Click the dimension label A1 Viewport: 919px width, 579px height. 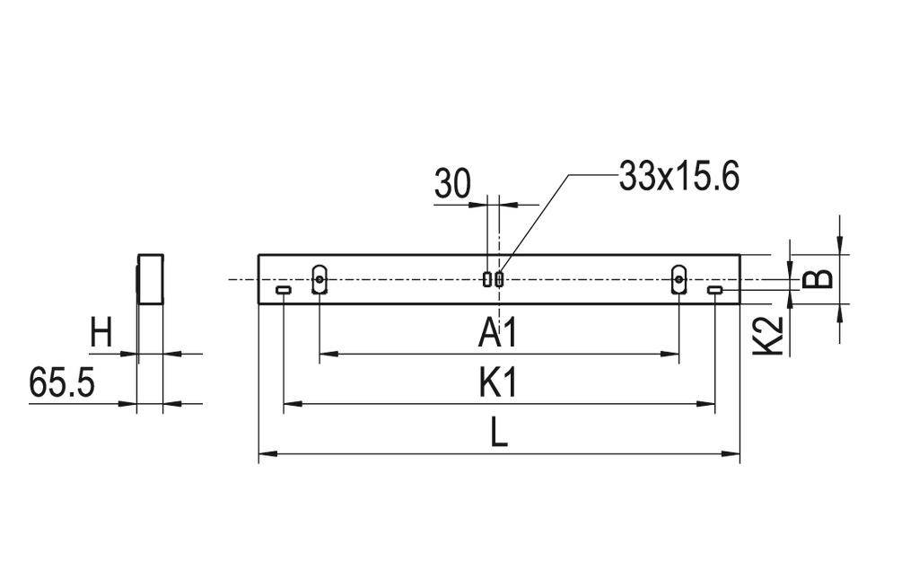tap(498, 334)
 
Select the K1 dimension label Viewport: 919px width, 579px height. tap(498, 384)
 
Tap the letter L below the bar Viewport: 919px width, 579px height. tap(499, 435)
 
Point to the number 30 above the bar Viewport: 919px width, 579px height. tap(452, 184)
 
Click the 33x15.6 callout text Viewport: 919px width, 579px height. tap(678, 177)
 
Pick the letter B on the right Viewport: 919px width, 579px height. tap(818, 278)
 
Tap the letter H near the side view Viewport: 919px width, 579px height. tap(101, 334)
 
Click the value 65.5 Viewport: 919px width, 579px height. tap(62, 383)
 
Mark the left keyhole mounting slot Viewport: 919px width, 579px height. tap(319, 279)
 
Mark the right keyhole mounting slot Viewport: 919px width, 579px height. tap(679, 279)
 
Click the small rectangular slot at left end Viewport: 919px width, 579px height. tap(284, 290)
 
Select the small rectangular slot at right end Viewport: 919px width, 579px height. tap(715, 290)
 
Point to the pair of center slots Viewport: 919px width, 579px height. tap(493, 279)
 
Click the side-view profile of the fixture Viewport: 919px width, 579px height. tap(150, 279)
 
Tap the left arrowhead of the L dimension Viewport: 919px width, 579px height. tap(265, 455)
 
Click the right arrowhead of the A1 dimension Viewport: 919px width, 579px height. tap(672, 355)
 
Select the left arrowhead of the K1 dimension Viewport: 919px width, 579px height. tap(290, 405)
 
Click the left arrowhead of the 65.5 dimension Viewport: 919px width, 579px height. tap(129, 404)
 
